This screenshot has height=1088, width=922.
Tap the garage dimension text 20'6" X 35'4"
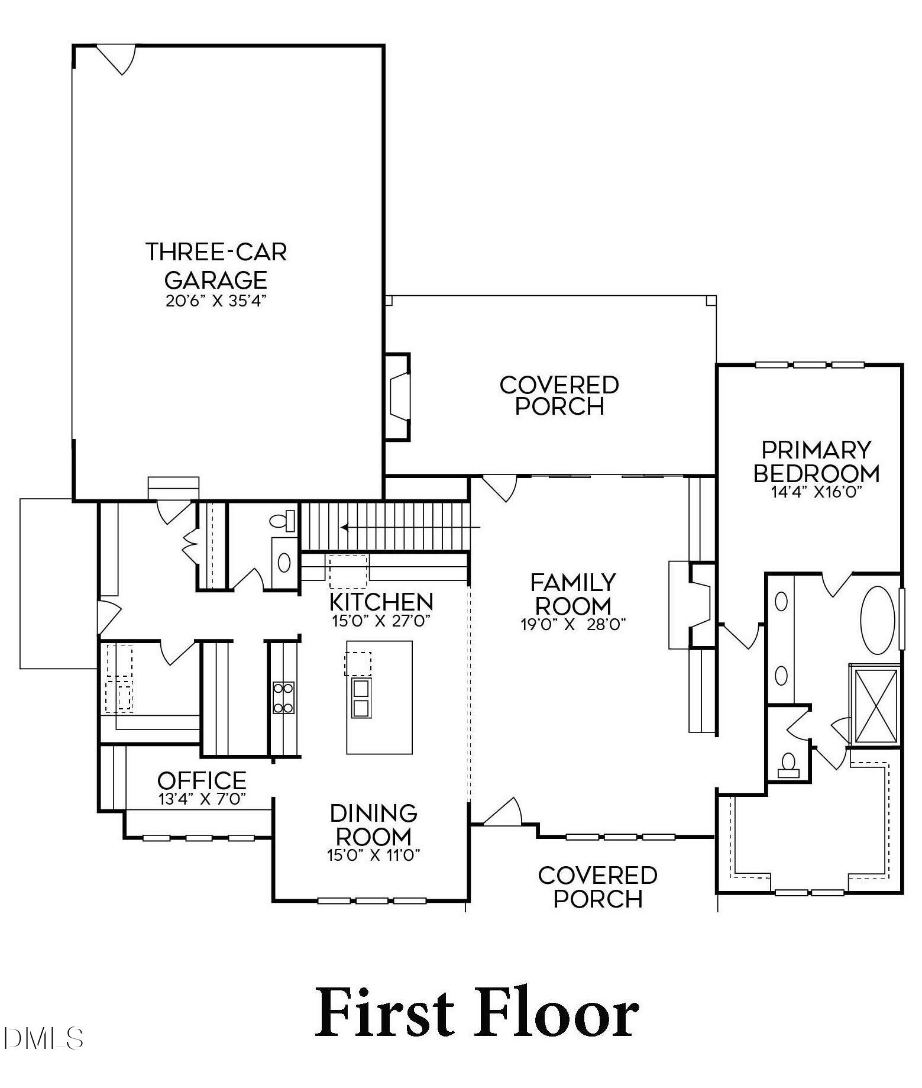[216, 301]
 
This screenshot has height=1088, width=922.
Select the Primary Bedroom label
[816, 461]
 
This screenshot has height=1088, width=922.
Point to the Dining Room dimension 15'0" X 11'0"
[373, 855]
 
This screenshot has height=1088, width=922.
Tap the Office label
[202, 781]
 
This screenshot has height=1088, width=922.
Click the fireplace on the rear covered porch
[398, 397]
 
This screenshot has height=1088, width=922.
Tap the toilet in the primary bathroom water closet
[788, 764]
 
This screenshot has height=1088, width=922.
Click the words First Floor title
[476, 1013]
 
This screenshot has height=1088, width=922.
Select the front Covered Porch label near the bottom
[597, 887]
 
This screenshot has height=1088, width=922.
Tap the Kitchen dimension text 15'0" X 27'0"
[381, 621]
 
